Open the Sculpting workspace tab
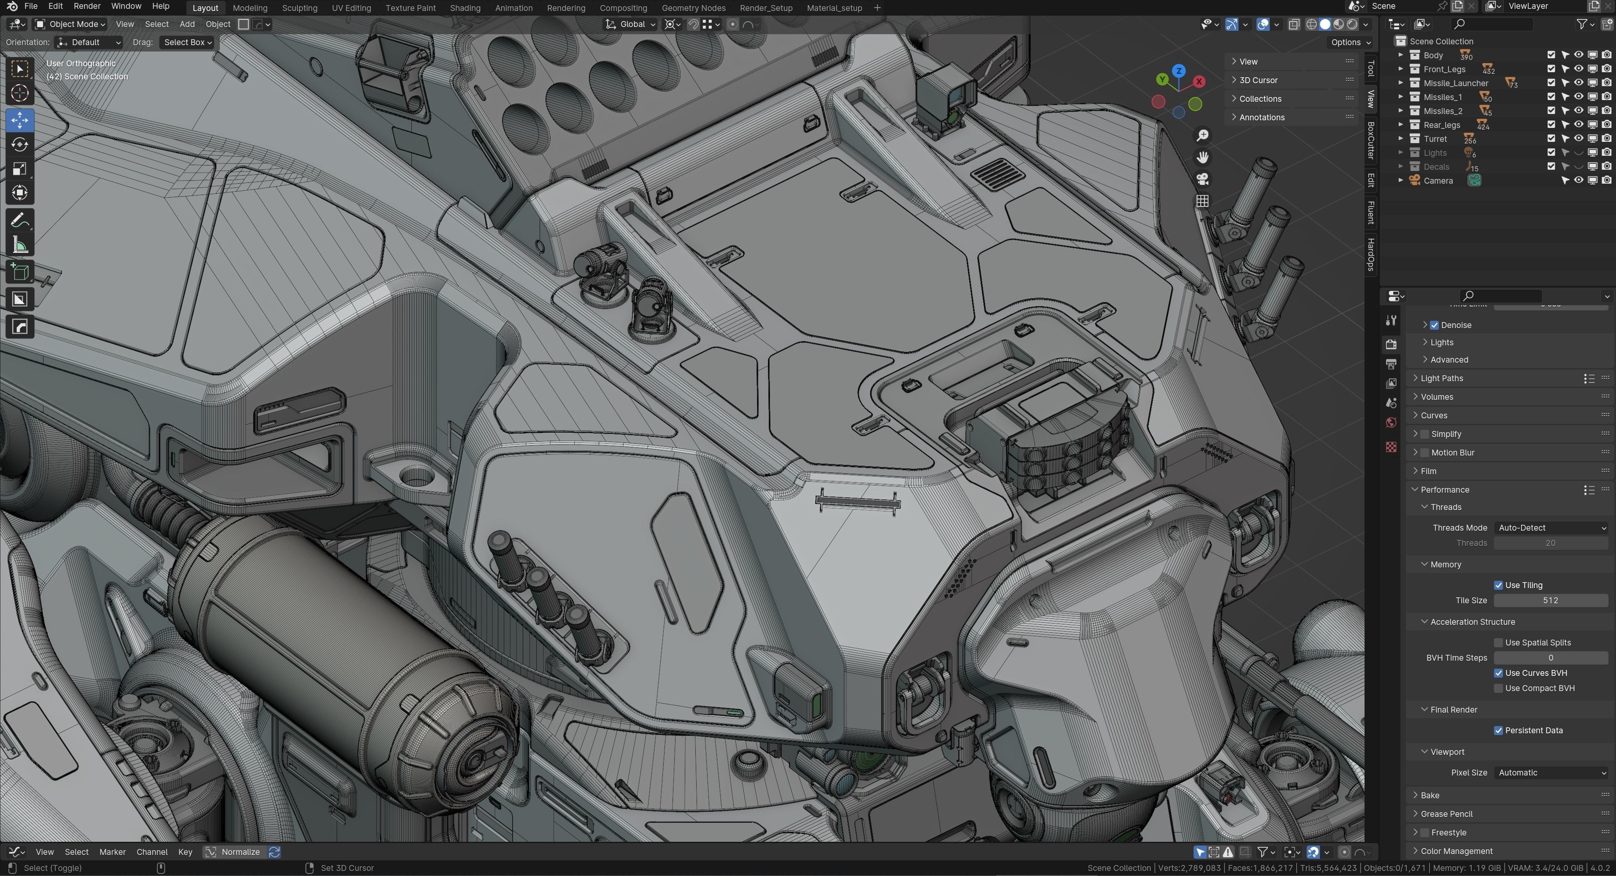[x=299, y=8]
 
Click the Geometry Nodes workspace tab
[x=693, y=8]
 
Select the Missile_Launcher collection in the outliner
[x=1455, y=83]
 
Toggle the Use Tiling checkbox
[x=1498, y=585]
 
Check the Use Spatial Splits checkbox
[x=1498, y=643]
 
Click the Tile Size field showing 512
[x=1550, y=600]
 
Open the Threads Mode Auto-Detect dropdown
[x=1550, y=528]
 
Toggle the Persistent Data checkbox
[x=1498, y=730]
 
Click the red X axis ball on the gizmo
[x=1199, y=81]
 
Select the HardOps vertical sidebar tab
[x=1371, y=254]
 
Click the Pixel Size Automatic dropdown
[x=1550, y=773]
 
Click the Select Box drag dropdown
[x=188, y=42]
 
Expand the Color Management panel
[x=1456, y=851]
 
